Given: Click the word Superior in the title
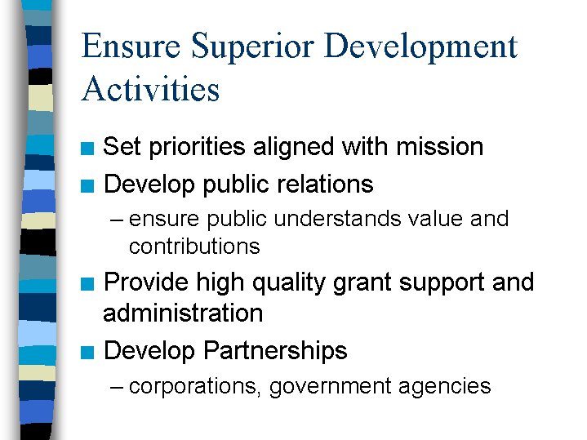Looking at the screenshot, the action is (x=253, y=46).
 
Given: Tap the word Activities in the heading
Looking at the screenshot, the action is (x=150, y=88).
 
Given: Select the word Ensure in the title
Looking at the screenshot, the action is (x=131, y=46).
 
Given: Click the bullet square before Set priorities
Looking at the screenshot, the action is (x=87, y=149).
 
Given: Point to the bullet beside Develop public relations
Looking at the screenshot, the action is (x=87, y=186).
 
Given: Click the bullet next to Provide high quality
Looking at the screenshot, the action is (x=87, y=284).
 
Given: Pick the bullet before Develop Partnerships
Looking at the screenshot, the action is (x=87, y=353).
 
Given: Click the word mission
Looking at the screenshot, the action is (x=440, y=146).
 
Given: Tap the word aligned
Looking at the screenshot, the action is (x=294, y=147).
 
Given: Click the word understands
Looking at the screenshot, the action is (x=337, y=218).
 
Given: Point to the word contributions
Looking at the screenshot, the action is (x=194, y=247).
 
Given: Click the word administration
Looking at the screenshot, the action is (x=183, y=313).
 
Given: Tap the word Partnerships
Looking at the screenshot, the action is (x=275, y=351).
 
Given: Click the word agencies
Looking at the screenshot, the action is (x=445, y=387).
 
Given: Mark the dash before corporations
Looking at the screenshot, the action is (x=117, y=388).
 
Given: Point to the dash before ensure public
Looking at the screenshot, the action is (x=117, y=220).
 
